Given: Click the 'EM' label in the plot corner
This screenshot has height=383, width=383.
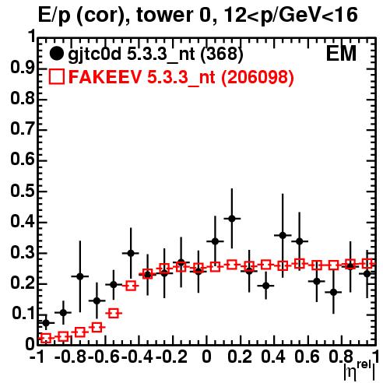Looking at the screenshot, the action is point(341,54).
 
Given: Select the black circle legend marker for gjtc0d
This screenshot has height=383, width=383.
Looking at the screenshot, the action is point(56,54).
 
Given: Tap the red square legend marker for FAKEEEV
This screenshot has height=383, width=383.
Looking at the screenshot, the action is point(56,77).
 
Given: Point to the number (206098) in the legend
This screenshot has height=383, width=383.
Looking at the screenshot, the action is point(257,77).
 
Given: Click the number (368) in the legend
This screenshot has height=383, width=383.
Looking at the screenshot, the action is point(222,54).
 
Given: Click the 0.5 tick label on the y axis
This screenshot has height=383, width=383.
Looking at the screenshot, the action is point(23,191).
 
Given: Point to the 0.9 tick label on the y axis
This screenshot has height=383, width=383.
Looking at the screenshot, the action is point(23,69).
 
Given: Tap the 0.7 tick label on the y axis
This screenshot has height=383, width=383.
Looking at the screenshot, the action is point(23,130).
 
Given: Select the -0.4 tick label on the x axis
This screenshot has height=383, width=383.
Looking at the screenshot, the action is point(139,357).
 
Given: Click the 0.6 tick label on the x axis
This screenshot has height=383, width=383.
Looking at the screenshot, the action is point(307,357).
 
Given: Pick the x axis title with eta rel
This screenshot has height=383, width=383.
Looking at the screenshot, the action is point(359,371).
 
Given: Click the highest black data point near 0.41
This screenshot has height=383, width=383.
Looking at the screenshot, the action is point(232,219).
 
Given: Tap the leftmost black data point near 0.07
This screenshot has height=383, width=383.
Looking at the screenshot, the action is point(46,323).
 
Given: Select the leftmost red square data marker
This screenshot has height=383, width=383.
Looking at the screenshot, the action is point(46,338).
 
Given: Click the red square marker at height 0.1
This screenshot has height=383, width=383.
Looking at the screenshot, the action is point(114,313).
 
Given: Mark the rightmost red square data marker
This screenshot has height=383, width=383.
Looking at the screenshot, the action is point(367,264).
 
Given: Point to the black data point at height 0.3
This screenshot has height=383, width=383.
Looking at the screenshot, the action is point(131,253).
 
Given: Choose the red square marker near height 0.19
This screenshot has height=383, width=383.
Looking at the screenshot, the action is point(131,286).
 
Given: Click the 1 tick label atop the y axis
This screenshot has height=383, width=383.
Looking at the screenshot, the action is point(32,37).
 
